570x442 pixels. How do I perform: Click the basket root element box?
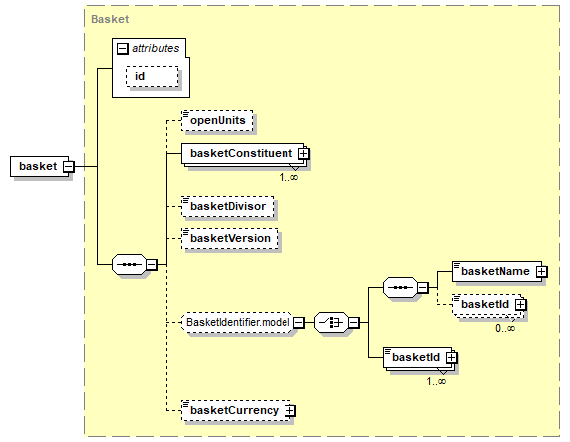39,166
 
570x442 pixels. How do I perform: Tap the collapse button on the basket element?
68,167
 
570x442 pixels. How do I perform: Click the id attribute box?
152,76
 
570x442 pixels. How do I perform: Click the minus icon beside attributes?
123,48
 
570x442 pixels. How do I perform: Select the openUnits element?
217,120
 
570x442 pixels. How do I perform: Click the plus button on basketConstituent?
303,153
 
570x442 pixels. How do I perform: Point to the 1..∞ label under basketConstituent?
288,177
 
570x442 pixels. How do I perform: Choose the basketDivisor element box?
228,206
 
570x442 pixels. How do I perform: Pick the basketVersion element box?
230,239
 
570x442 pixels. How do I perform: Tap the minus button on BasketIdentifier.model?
299,322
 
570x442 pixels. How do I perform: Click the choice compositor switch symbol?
331,322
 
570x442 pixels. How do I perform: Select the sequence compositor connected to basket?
130,264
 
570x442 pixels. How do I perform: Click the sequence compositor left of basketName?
400,288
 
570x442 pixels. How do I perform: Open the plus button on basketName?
542,271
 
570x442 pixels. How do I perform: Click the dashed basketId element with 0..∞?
487,305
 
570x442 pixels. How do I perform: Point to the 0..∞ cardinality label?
505,328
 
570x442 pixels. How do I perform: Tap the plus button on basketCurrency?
290,410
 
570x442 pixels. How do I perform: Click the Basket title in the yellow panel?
110,19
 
